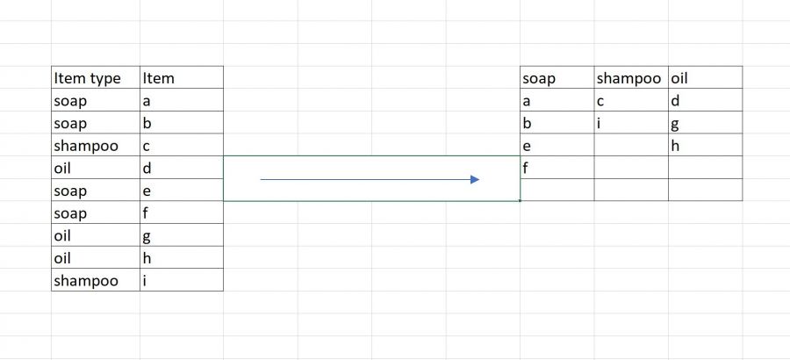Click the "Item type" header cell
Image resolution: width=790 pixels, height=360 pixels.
click(x=87, y=79)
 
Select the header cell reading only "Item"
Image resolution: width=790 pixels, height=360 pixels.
click(x=159, y=78)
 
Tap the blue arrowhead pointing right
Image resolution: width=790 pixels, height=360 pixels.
click(x=475, y=179)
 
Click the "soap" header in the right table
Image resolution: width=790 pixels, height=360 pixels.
click(x=539, y=79)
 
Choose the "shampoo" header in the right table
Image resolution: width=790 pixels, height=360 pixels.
click(x=628, y=79)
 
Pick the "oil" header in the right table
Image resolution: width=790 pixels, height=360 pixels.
click(x=679, y=78)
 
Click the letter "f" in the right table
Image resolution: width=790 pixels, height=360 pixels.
click(x=526, y=168)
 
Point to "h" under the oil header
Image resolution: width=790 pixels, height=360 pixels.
click(x=675, y=145)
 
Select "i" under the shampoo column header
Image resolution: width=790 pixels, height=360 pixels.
click(x=599, y=123)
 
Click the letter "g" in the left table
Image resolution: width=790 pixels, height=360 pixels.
click(x=147, y=237)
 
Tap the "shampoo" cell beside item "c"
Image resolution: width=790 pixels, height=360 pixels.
click(x=86, y=147)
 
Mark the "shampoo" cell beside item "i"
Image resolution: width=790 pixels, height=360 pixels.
click(x=86, y=281)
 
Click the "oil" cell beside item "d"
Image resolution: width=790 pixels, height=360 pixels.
click(x=62, y=168)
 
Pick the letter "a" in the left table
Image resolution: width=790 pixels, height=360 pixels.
click(x=147, y=102)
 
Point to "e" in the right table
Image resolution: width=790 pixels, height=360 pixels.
click(x=527, y=147)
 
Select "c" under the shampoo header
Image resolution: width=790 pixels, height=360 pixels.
click(x=600, y=102)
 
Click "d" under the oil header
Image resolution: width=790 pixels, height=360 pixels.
click(x=675, y=101)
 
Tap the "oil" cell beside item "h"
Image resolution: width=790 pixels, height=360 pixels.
click(x=62, y=258)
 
